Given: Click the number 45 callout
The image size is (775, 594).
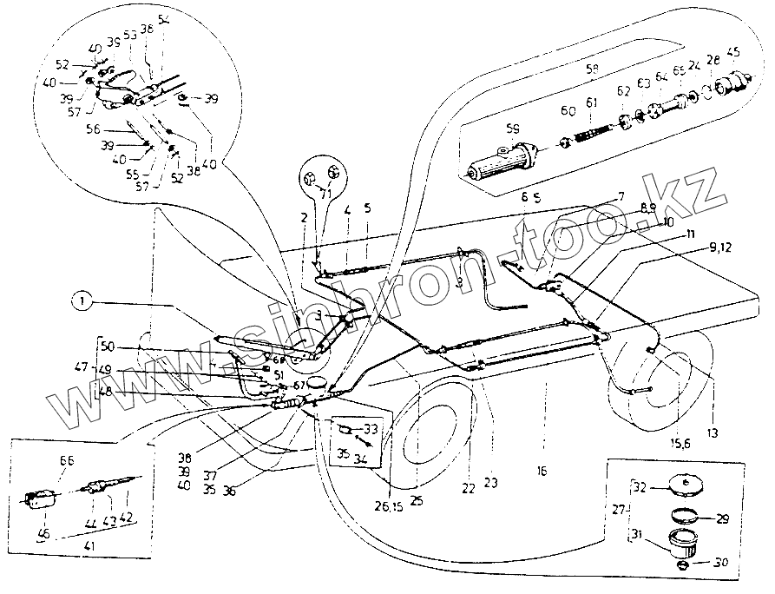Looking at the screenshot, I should [x=734, y=51].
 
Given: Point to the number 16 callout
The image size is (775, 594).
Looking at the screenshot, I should [x=542, y=471].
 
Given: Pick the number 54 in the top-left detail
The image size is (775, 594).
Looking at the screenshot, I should [x=165, y=19].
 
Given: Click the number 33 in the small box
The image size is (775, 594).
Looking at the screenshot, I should [x=371, y=428].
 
